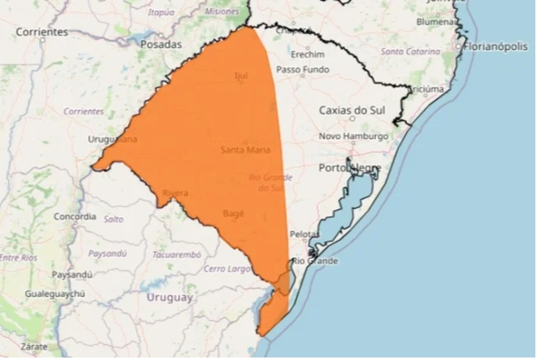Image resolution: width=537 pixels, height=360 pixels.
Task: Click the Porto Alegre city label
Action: pyautogui.click(x=350, y=168)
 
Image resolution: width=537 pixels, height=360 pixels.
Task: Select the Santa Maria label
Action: pyautogui.click(x=244, y=150)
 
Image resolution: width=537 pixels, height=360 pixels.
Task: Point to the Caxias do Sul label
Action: pyautogui.click(x=353, y=110)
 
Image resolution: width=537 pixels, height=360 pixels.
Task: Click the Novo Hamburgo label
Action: pyautogui.click(x=353, y=136)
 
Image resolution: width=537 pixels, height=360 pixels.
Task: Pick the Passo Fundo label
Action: pyautogui.click(x=300, y=69)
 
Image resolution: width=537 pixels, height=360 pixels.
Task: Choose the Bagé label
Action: pyautogui.click(x=234, y=214)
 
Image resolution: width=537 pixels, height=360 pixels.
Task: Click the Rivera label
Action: pyautogui.click(x=175, y=193)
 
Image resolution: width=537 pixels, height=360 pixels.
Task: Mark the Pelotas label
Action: pyautogui.click(x=303, y=234)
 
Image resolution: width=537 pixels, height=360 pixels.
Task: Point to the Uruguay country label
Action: pyautogui.click(x=170, y=297)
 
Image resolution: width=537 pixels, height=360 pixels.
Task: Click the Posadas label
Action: pyautogui.click(x=160, y=43)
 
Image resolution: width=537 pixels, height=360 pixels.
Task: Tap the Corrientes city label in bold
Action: pyautogui.click(x=41, y=32)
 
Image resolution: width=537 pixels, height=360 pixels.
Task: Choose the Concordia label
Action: pyautogui.click(x=75, y=216)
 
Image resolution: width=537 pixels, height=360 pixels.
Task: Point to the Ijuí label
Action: pyautogui.click(x=242, y=76)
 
